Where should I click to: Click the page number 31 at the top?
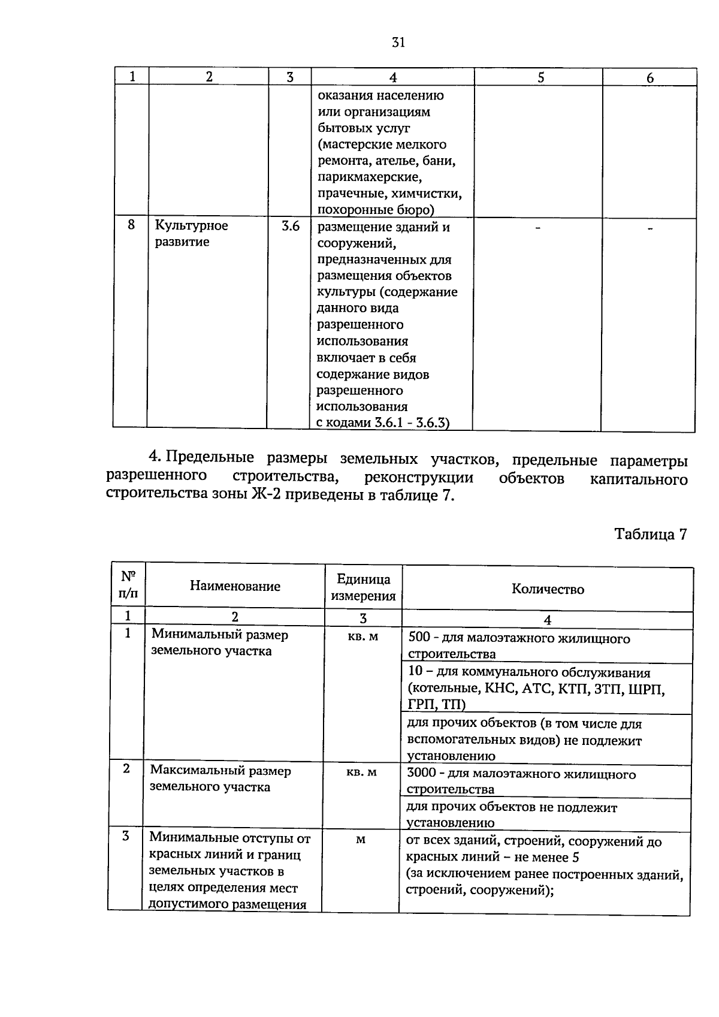[x=398, y=42]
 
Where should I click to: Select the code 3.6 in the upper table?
[x=291, y=227]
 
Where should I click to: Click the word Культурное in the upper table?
[x=192, y=226]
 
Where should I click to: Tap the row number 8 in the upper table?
[x=131, y=225]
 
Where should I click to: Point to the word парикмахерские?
[x=370, y=177]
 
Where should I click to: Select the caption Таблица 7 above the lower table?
[x=650, y=535]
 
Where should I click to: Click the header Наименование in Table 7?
[x=235, y=586]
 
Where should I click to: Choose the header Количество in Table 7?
[x=548, y=589]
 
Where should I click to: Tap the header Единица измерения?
[x=363, y=587]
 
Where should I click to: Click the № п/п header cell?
[x=128, y=585]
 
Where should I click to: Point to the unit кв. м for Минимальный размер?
[x=363, y=636]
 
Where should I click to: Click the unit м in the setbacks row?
[x=360, y=840]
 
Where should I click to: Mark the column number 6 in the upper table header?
[x=650, y=78]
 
